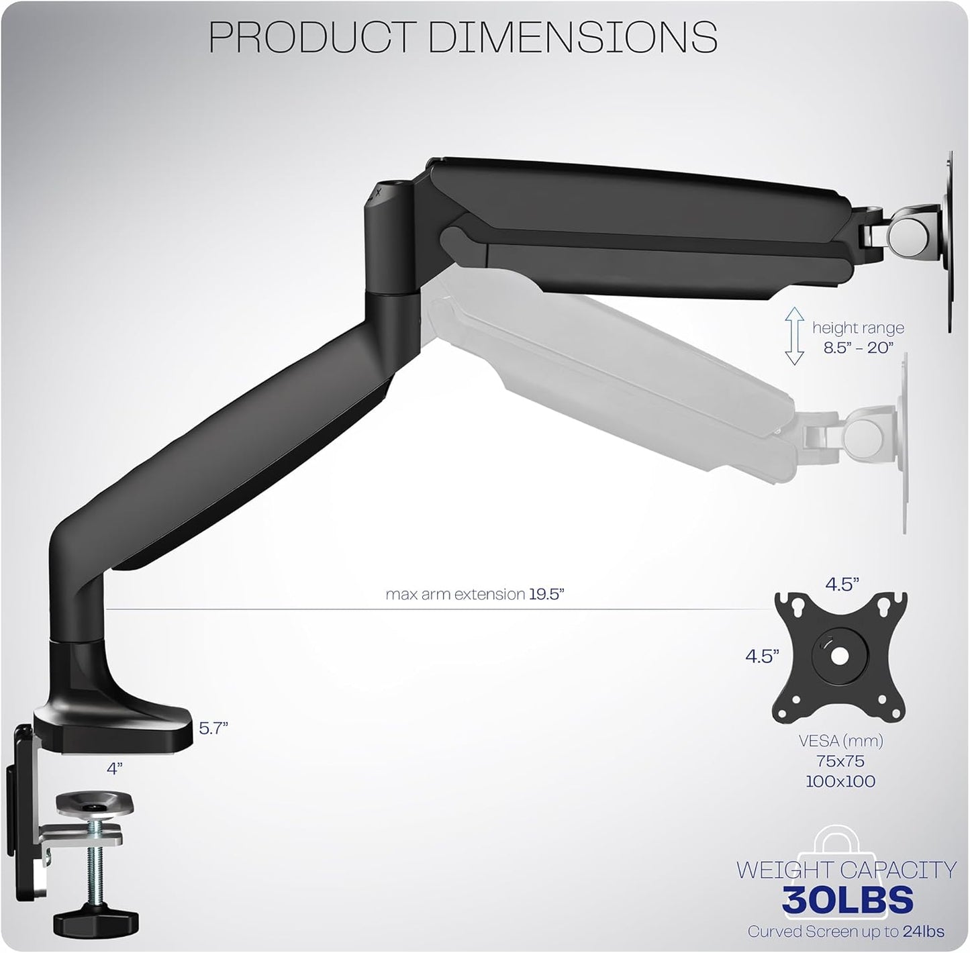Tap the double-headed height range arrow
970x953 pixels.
795,336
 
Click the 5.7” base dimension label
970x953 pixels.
213,728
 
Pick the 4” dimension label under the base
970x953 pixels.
115,768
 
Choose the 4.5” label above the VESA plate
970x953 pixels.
842,584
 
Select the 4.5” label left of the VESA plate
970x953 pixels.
762,656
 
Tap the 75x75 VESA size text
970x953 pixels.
840,761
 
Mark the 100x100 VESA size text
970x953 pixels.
840,781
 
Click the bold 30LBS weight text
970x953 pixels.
847,899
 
